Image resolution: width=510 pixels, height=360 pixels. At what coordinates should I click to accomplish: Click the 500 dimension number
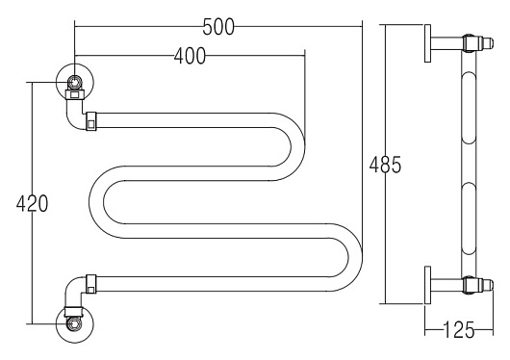pyautogui.click(x=218, y=27)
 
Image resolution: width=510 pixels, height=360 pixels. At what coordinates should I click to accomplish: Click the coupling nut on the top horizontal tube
pyautogui.click(x=91, y=122)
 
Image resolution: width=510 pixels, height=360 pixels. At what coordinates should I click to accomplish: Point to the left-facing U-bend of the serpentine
pyautogui.click(x=101, y=202)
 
